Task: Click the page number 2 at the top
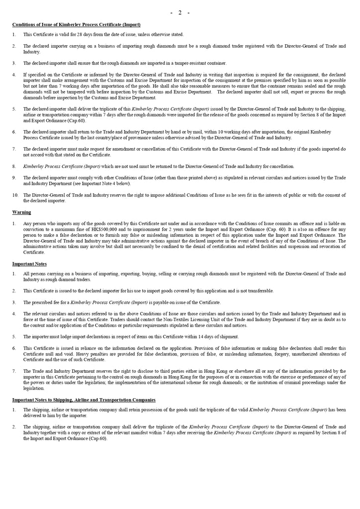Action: (x=180, y=12)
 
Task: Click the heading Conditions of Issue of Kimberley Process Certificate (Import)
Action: (x=76, y=24)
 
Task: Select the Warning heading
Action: (x=21, y=212)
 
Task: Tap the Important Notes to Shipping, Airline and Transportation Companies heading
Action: (x=84, y=400)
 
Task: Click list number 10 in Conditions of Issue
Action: (x=15, y=195)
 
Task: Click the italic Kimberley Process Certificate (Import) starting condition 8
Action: (x=62, y=166)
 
